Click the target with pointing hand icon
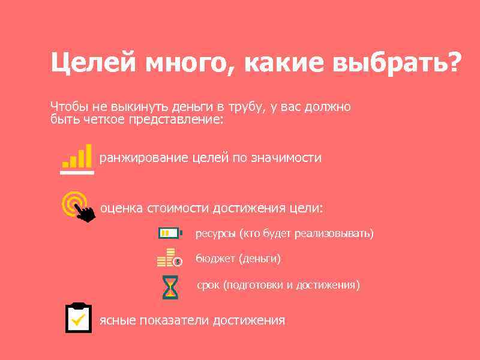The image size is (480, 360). [79, 206]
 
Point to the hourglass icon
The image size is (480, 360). [170, 286]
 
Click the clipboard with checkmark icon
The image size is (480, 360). [78, 318]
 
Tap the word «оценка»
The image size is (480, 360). [121, 208]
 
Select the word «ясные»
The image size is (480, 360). [118, 320]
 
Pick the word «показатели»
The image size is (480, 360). [174, 320]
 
